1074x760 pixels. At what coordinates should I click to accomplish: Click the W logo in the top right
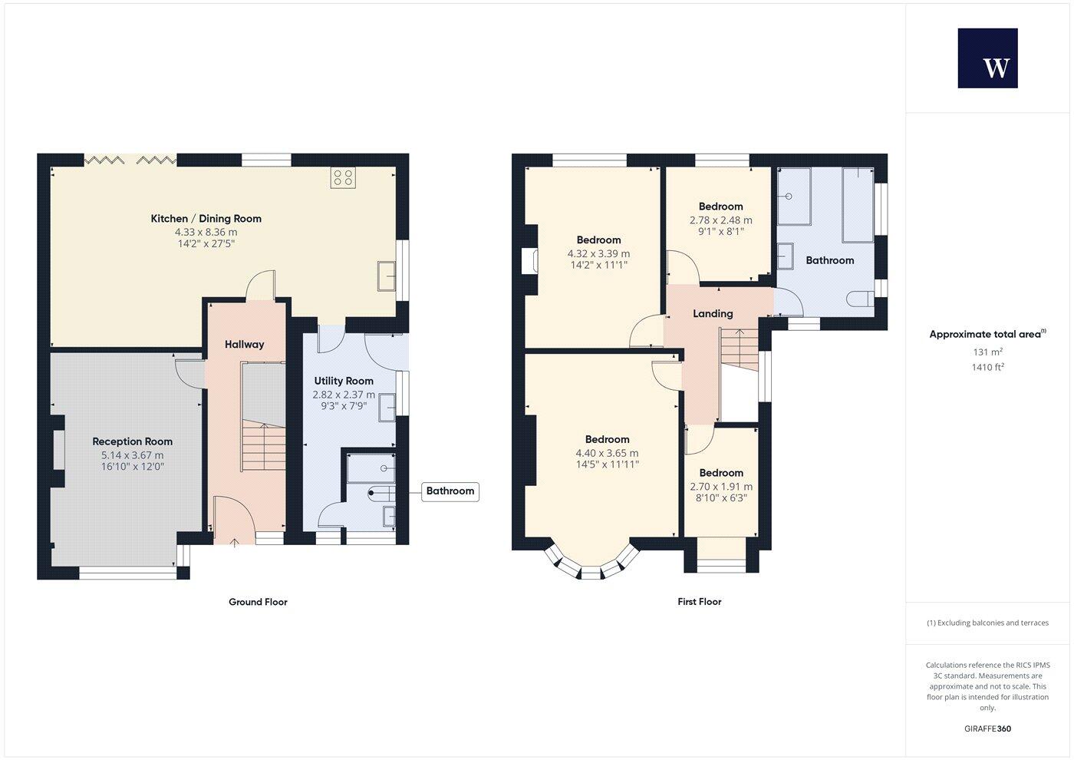coord(987,58)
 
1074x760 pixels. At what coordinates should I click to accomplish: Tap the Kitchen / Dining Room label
coord(206,219)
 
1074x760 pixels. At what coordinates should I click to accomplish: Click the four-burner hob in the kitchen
coord(343,178)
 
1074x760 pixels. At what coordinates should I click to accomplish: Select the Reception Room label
coord(132,441)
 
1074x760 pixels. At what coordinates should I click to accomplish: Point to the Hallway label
coord(244,345)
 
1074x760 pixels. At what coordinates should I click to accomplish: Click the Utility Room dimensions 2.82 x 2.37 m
coord(344,395)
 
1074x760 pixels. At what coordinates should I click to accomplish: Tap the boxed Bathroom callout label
coord(450,491)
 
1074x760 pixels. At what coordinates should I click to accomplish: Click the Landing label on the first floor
coord(713,313)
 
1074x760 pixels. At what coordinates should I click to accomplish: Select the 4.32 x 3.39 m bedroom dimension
coord(598,253)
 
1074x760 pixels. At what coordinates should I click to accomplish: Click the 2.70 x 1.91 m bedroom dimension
coord(721,487)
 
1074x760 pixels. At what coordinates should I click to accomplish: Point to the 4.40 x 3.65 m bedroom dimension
coord(607,453)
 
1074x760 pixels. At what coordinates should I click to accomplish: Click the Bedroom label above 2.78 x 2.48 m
coord(720,207)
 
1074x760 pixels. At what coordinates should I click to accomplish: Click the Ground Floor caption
coord(258,602)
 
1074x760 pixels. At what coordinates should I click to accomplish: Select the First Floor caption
coord(699,602)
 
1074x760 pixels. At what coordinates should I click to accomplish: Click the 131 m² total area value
coord(987,352)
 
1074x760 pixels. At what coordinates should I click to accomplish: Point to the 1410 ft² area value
coord(987,367)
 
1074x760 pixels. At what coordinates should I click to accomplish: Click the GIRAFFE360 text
coord(987,729)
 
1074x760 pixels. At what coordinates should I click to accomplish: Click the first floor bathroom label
coord(829,260)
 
